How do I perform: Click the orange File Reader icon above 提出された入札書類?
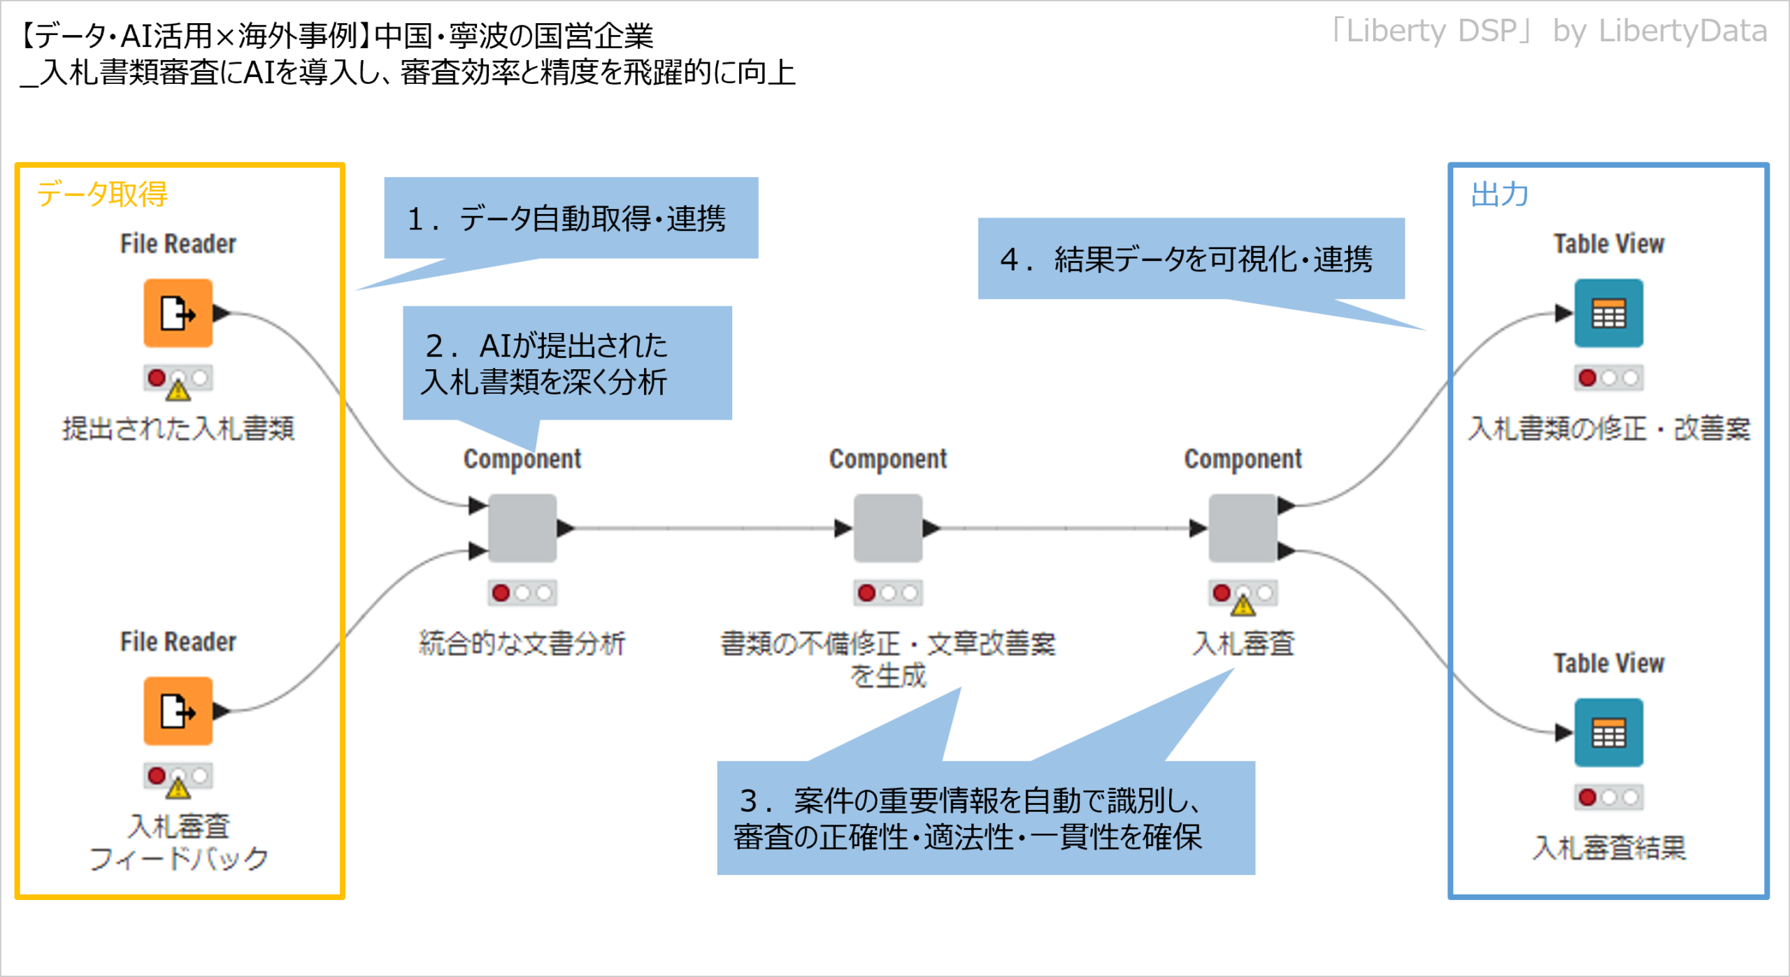(x=178, y=313)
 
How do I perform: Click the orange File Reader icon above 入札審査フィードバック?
(x=178, y=711)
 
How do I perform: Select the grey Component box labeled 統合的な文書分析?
(x=522, y=528)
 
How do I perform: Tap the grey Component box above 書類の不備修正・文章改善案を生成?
(x=888, y=528)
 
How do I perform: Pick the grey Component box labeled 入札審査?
(x=1243, y=528)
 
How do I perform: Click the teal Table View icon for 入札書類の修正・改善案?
(x=1609, y=313)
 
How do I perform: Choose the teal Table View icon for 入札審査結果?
(x=1609, y=732)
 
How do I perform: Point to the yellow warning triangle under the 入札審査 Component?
(x=1243, y=604)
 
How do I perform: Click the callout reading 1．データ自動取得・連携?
(x=571, y=218)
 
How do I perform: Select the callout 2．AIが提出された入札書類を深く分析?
(x=567, y=363)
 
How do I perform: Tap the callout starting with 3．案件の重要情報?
(x=986, y=818)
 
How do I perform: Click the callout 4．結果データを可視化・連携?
(x=1191, y=259)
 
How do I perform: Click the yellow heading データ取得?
(x=102, y=194)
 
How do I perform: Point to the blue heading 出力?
(x=1500, y=194)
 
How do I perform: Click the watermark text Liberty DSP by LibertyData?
(x=1548, y=31)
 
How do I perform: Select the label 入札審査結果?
(x=1609, y=848)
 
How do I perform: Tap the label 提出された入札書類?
(x=178, y=428)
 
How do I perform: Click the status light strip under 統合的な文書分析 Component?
(x=522, y=593)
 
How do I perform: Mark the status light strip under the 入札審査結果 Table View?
(x=1609, y=797)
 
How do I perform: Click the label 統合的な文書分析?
(x=522, y=643)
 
